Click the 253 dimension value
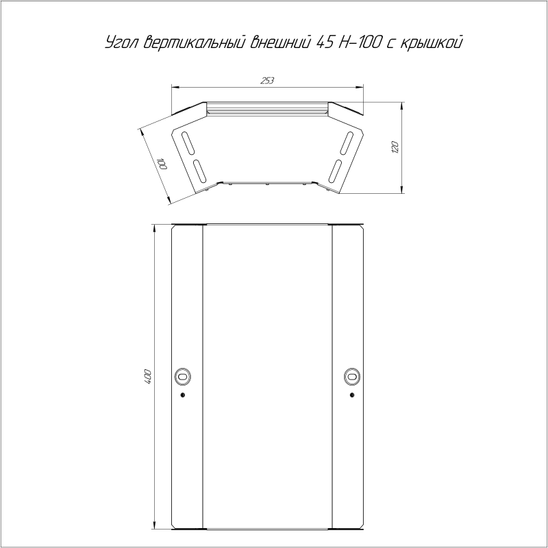[267, 81]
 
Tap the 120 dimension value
[395, 147]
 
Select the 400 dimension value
[147, 377]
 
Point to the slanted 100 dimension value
[162, 164]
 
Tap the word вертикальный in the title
[194, 42]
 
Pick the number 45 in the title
[325, 42]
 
